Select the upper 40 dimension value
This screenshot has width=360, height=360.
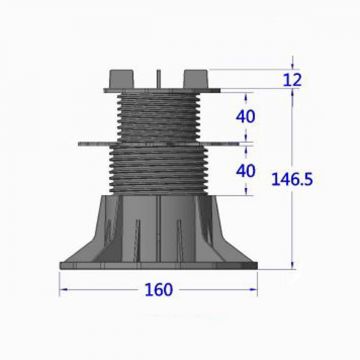coord(245,115)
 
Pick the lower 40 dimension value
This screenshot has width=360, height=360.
coord(245,170)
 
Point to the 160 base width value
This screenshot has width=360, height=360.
coord(158,290)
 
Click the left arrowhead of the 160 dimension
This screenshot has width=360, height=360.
coord(65,291)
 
